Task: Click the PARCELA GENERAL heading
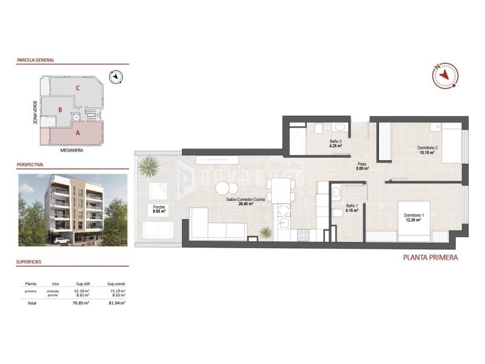pyautogui.click(x=36, y=60)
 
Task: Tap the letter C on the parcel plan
pyautogui.click(x=78, y=88)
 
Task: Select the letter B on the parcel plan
pyautogui.click(x=60, y=110)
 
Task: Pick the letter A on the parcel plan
pyautogui.click(x=78, y=132)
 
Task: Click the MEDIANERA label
pyautogui.click(x=72, y=150)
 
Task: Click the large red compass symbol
pyautogui.click(x=446, y=75)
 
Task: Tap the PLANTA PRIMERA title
pyautogui.click(x=430, y=257)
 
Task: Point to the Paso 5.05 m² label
pyautogui.click(x=361, y=166)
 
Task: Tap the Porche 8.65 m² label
pyautogui.click(x=159, y=210)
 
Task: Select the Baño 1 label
pyautogui.click(x=352, y=209)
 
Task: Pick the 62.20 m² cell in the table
pyautogui.click(x=82, y=291)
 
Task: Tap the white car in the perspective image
pyautogui.click(x=61, y=240)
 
